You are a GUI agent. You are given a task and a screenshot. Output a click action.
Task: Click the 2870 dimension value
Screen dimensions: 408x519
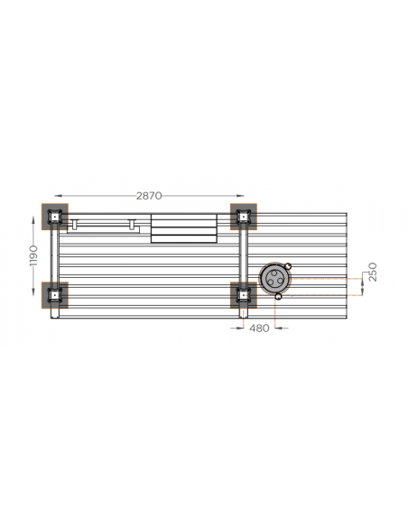point(149,196)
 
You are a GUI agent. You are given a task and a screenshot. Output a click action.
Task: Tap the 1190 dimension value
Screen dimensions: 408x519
point(33,255)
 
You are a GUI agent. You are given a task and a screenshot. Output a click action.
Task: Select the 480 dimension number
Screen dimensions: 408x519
point(259,328)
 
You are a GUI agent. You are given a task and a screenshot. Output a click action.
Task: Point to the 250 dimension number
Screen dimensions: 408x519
point(373,272)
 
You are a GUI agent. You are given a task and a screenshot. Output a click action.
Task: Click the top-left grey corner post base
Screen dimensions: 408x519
point(55,217)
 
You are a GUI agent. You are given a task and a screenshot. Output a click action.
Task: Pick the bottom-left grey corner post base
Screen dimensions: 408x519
point(55,295)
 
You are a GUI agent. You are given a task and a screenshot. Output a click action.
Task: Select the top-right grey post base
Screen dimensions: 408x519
point(244,217)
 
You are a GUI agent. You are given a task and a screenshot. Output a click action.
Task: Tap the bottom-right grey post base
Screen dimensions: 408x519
point(244,295)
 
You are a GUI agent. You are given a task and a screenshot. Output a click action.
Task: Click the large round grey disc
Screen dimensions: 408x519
point(274,278)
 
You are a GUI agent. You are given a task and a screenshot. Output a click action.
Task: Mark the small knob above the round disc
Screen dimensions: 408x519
point(288,265)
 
